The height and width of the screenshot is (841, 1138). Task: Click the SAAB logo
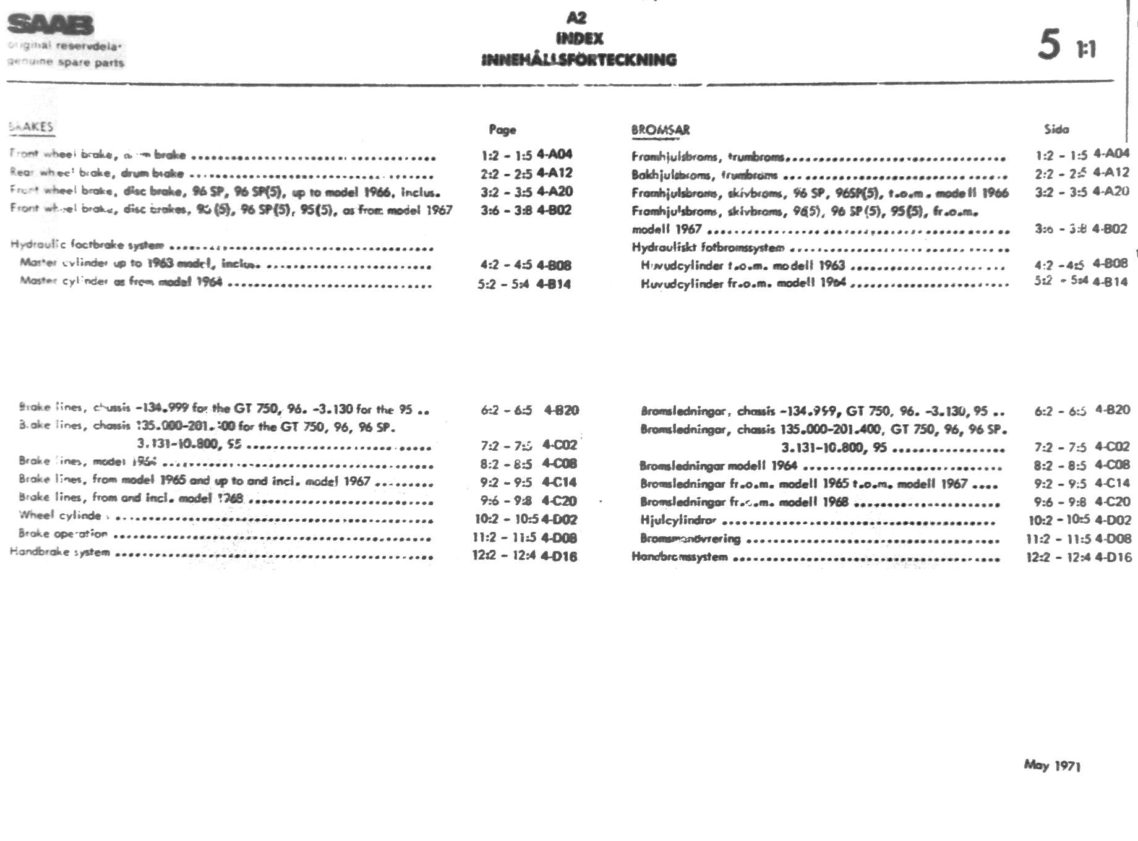[51, 25]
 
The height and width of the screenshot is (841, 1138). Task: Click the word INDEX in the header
[579, 38]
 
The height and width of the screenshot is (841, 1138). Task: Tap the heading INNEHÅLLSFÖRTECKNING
[579, 60]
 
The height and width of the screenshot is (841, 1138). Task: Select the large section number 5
[1049, 45]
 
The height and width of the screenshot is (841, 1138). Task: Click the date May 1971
[1052, 766]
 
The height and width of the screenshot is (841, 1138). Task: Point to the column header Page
[502, 129]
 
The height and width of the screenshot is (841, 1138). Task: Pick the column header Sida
[1056, 129]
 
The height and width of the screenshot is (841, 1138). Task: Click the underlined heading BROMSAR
[660, 130]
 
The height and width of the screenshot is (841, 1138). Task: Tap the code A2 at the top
[576, 18]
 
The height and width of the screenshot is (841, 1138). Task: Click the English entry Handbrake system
[60, 552]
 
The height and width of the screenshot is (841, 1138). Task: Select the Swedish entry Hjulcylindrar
[678, 521]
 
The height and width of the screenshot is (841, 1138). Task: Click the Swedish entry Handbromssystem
[679, 557]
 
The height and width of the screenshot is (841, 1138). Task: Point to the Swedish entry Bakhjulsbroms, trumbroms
[704, 175]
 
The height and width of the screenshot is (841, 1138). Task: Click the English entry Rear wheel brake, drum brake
[97, 173]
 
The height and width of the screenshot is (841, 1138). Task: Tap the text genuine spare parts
[66, 62]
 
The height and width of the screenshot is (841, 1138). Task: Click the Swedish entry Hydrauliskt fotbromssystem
[708, 248]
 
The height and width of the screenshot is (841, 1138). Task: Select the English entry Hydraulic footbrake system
[87, 245]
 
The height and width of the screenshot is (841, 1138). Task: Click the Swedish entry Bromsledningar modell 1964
[718, 466]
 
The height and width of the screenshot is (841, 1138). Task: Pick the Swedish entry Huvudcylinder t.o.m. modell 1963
[742, 266]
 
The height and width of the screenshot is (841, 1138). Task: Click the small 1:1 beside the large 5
[1086, 49]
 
